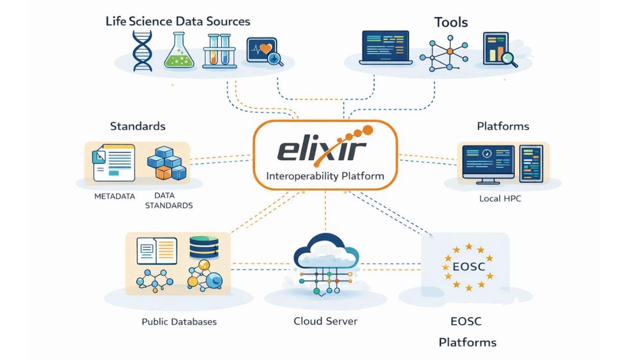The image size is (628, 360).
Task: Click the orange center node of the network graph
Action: tap(450, 52)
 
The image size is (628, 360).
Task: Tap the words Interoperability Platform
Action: tap(325, 176)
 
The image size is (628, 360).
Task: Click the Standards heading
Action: tap(137, 127)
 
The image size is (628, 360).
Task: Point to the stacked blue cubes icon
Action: tap(166, 163)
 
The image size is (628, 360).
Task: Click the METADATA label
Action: tap(114, 196)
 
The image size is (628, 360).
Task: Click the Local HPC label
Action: tap(500, 199)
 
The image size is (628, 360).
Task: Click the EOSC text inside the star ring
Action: tap(469, 267)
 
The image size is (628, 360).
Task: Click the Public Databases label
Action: tap(179, 322)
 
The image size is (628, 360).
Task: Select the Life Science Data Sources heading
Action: tap(178, 22)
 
